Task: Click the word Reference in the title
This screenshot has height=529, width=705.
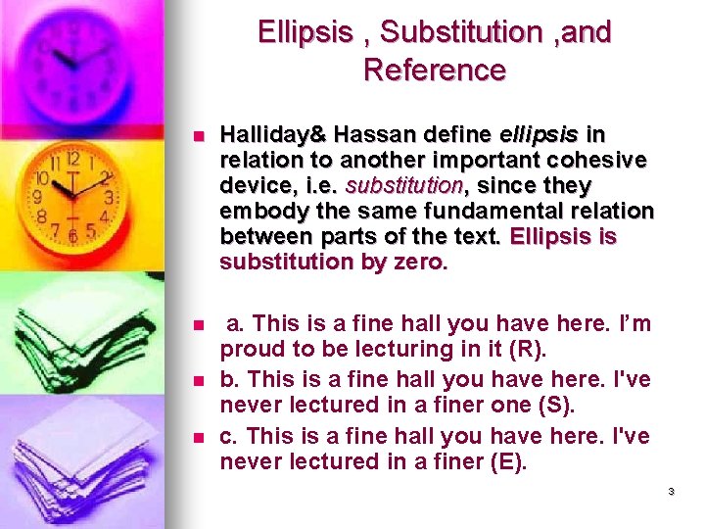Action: click(x=434, y=71)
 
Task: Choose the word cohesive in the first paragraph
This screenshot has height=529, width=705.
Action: click(x=601, y=160)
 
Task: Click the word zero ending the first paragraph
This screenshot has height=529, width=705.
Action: click(x=418, y=262)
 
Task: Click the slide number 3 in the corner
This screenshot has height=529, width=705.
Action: click(x=672, y=492)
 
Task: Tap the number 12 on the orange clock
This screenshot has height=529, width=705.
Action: click(x=71, y=158)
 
